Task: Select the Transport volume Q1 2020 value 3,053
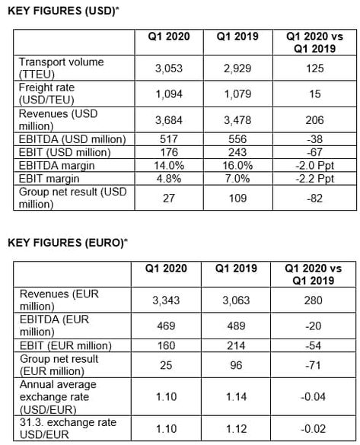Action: (x=169, y=68)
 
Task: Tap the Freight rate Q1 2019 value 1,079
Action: (x=237, y=94)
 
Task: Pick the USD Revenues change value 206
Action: (x=314, y=120)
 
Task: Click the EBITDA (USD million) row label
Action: (x=72, y=139)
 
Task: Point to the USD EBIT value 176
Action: (x=169, y=152)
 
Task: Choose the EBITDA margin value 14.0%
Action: (x=169, y=166)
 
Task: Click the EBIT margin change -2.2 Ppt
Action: (x=314, y=179)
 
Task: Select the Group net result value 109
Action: (x=237, y=198)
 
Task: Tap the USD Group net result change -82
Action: (x=314, y=198)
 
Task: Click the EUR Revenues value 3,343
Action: (x=166, y=300)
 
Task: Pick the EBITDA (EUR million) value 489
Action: (x=236, y=326)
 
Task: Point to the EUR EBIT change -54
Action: (x=313, y=345)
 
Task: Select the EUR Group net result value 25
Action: (x=166, y=365)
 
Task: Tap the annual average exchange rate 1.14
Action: (x=236, y=397)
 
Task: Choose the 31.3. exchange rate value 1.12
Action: (x=236, y=429)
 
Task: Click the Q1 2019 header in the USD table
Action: (x=237, y=37)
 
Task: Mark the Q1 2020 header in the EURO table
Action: (x=166, y=269)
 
